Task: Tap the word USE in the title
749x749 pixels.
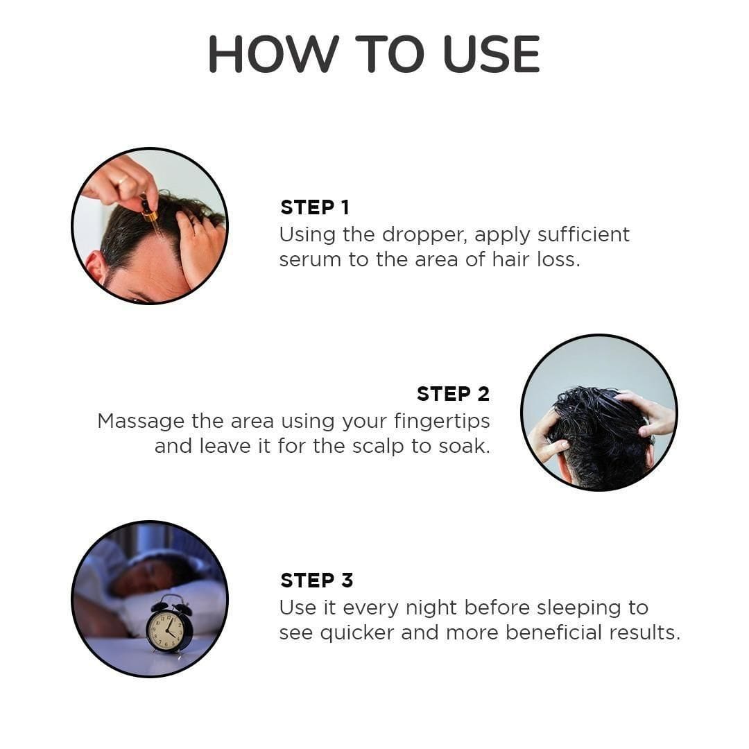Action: [x=491, y=54]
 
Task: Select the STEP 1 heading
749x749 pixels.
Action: [x=314, y=207]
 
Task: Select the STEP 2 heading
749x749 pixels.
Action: [x=453, y=394]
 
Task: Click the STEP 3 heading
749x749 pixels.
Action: [x=316, y=580]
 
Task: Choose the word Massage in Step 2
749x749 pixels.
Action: [x=141, y=421]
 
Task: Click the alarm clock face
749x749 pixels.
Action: [x=166, y=630]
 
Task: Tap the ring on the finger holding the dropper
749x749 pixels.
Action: [x=123, y=182]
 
